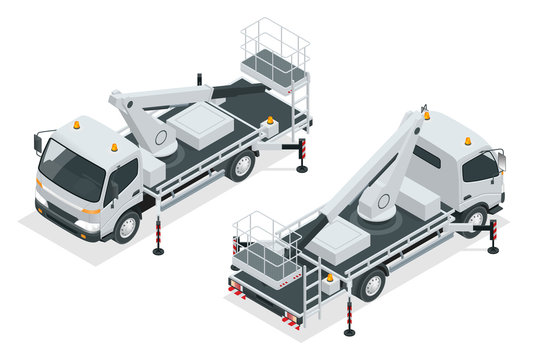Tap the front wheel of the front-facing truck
point(126,227)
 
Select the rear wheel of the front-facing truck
point(240,165)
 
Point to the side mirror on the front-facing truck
point(39,143)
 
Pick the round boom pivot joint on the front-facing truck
point(160,138)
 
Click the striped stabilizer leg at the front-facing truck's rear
point(302,156)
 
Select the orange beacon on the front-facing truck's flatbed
point(268,120)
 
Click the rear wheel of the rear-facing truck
point(372,284)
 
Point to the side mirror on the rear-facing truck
point(500,160)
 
